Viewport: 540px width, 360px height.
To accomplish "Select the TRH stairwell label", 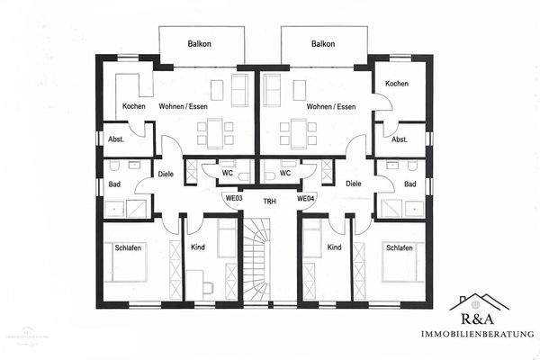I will tap(269, 202).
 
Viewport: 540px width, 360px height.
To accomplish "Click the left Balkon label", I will tap(200, 43).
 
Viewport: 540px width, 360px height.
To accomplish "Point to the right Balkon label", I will tap(323, 43).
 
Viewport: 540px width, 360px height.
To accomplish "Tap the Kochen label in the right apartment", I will tap(397, 84).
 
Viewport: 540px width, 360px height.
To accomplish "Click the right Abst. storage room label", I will tap(399, 139).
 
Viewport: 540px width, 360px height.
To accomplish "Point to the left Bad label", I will tap(114, 184).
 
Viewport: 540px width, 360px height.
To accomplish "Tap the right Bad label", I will tap(410, 184).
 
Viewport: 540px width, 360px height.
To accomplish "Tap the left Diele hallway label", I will tap(166, 175).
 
